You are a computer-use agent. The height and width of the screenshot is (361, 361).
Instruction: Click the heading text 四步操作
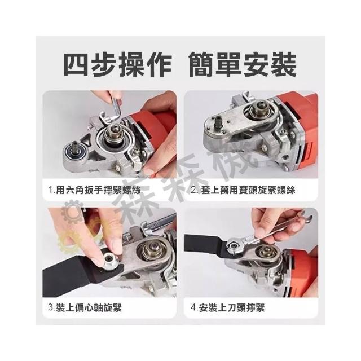tap(117, 64)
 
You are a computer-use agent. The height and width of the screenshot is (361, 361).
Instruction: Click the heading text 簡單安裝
tap(243, 64)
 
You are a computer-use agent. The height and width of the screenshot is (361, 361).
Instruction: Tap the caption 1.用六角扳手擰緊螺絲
tap(94, 191)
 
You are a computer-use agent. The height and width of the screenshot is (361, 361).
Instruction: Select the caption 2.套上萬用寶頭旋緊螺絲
tap(243, 191)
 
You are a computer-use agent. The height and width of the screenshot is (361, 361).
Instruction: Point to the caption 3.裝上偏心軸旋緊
tap(85, 308)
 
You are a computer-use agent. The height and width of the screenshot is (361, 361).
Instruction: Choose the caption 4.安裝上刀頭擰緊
tap(227, 308)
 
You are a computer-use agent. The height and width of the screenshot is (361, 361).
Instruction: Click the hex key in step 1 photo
tap(115, 108)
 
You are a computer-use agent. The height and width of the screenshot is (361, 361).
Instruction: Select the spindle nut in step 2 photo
tap(257, 109)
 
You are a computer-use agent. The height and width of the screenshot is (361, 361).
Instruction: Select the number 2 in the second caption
tap(193, 191)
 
